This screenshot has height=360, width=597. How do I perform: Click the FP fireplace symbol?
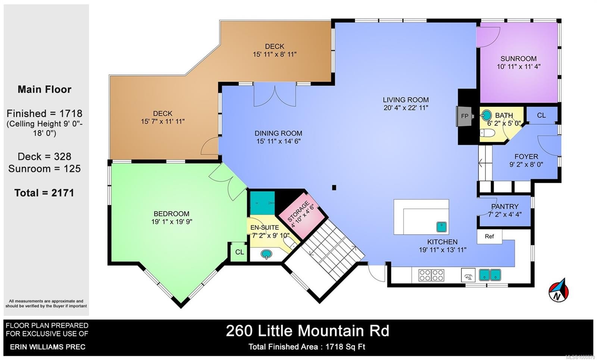(464, 116)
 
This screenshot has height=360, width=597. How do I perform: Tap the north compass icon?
(558, 290)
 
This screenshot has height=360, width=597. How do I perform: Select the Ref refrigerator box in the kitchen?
(490, 237)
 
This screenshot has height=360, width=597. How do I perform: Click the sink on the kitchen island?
(442, 226)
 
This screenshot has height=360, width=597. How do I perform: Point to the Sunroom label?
(518, 59)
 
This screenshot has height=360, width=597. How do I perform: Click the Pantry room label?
(504, 206)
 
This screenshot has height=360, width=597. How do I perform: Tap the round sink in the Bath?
(486, 115)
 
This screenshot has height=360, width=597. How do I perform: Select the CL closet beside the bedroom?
(239, 252)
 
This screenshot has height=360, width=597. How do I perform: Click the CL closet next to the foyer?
(541, 116)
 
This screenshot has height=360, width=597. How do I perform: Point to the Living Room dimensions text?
(406, 108)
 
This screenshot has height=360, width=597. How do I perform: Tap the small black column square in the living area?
(334, 188)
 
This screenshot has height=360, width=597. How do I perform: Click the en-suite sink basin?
(266, 254)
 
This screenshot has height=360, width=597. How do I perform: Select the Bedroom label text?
(171, 214)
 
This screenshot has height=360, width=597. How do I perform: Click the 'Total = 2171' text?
(44, 193)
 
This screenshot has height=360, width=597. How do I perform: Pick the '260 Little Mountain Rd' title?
(307, 331)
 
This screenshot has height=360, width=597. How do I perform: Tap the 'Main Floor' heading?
(44, 90)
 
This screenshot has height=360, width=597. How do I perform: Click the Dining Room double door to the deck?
(275, 95)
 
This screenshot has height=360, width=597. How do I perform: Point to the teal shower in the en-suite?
(262, 203)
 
